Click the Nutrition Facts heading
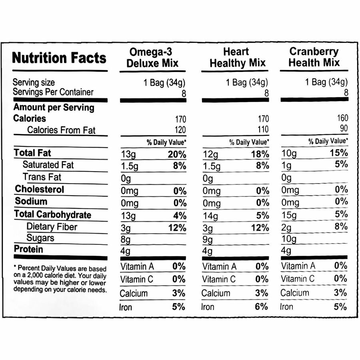coord(60,58)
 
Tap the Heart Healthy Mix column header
coord(236,58)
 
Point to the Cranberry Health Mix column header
coord(314,57)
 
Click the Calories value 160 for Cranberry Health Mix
coord(343,118)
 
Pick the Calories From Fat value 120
coord(180,130)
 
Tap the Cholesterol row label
coord(40,189)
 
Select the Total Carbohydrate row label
coord(52,214)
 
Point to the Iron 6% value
coord(262,307)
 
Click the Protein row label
coord(28,249)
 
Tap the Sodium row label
coord(31,202)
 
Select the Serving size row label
coord(34,83)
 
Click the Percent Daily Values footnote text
coord(60,278)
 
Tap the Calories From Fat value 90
coord(344,129)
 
